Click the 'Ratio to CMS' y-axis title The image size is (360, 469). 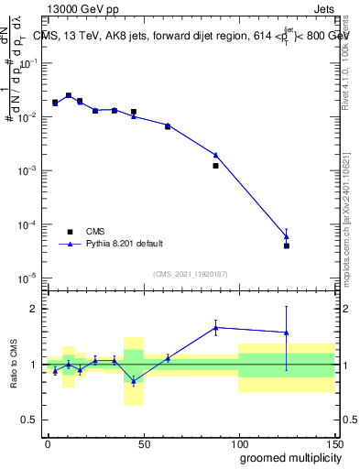click(13, 364)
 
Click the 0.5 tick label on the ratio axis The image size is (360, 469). click(28, 420)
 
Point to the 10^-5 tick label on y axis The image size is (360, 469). click(26, 278)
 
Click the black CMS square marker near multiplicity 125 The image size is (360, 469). click(287, 245)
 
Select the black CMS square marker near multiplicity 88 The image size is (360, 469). click(216, 166)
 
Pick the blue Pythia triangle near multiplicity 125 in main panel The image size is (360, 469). click(287, 236)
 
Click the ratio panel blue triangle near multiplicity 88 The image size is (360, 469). click(216, 327)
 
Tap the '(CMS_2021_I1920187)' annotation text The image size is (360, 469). click(190, 273)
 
